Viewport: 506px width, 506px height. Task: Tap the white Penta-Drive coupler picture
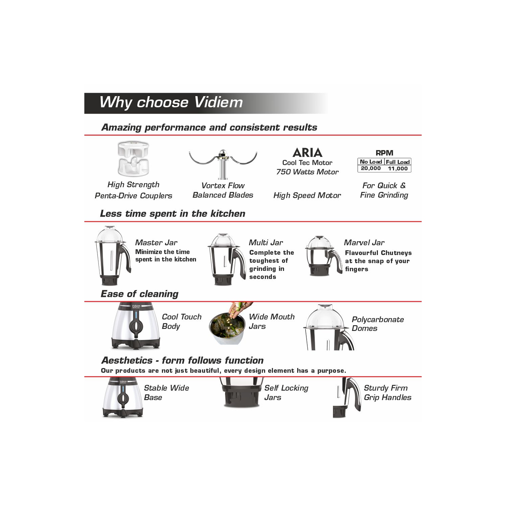pos(133,159)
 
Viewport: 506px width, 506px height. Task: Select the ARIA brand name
pos(307,153)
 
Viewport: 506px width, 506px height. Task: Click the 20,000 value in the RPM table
pos(371,168)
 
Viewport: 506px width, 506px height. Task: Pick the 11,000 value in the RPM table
pos(398,169)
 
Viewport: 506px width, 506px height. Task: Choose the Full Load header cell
pos(398,162)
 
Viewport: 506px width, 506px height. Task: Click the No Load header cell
pos(371,162)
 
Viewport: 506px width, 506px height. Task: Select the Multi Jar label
pos(266,243)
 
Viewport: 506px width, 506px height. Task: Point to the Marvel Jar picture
pos(324,256)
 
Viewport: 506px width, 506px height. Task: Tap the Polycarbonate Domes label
pos(378,324)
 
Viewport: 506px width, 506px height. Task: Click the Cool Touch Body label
pos(181,321)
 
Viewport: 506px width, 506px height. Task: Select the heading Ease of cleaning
pos(140,294)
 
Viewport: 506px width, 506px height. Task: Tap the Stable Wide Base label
pos(166,393)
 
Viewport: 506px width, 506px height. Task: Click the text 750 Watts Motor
pos(307,172)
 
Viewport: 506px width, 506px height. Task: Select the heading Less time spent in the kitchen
pos(173,214)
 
